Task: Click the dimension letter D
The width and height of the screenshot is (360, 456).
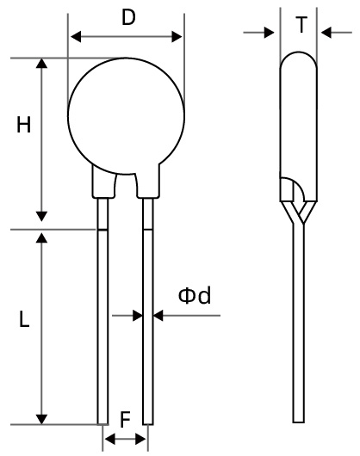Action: tap(127, 17)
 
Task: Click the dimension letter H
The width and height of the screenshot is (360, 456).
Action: tap(24, 126)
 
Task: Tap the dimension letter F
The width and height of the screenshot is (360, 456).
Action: tap(125, 421)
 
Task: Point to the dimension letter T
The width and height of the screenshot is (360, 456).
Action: tap(301, 26)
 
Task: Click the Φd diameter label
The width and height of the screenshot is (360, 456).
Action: tap(195, 297)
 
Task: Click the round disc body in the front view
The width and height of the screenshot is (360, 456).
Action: tap(125, 112)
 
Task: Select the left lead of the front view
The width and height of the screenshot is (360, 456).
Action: tap(102, 327)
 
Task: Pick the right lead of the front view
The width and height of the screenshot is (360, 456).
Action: tap(148, 327)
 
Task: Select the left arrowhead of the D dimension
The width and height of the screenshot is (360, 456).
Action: tap(74, 37)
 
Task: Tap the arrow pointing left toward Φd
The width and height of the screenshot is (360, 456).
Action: tap(159, 317)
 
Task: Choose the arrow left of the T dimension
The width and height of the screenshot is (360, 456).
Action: tap(273, 33)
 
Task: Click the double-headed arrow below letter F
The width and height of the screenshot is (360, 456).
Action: tap(125, 439)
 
